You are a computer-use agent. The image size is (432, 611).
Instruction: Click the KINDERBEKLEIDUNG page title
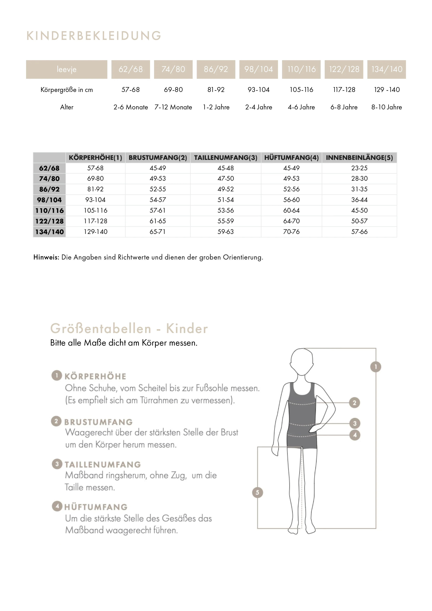point(94,36)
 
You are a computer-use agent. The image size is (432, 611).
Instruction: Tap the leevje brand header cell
point(67,69)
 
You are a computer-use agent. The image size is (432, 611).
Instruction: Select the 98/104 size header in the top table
point(259,69)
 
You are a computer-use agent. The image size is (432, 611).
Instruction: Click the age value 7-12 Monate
point(173,107)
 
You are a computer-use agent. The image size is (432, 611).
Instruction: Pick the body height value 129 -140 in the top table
point(387,90)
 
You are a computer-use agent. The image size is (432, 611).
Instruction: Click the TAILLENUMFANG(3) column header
point(225,158)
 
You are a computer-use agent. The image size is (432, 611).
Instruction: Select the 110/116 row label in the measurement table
point(49,211)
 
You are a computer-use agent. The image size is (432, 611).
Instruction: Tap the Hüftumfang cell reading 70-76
point(291,232)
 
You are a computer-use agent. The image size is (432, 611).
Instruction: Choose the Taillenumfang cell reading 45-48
point(225,168)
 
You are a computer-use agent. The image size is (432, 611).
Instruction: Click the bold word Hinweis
point(46,257)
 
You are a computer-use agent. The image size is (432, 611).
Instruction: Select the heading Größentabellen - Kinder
point(129,328)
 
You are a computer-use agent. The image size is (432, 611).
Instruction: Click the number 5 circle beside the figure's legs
point(257,492)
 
